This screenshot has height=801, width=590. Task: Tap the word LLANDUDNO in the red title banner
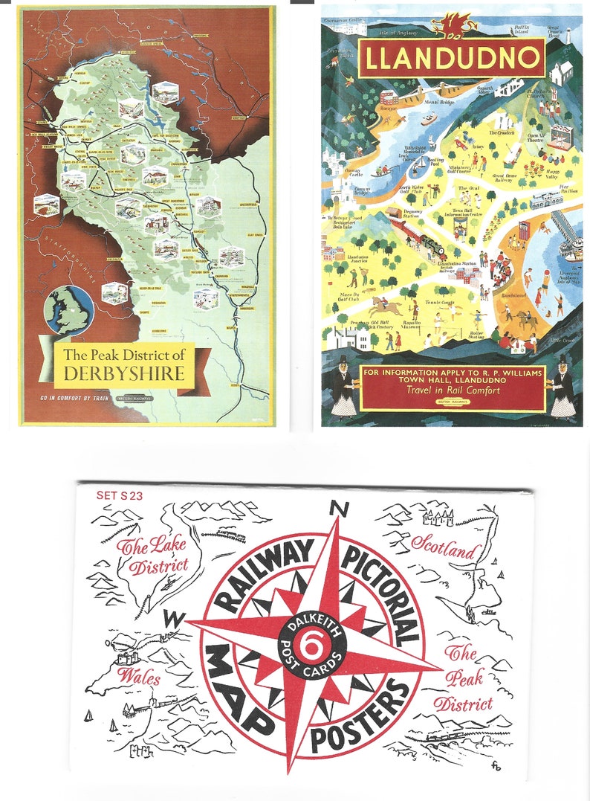[x=452, y=58]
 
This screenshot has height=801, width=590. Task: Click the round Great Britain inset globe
[x=68, y=309]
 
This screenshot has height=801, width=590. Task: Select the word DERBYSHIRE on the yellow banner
[x=123, y=373]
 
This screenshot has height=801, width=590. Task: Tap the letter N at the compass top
[x=340, y=509]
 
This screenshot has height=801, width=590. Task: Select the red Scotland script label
[x=444, y=549]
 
